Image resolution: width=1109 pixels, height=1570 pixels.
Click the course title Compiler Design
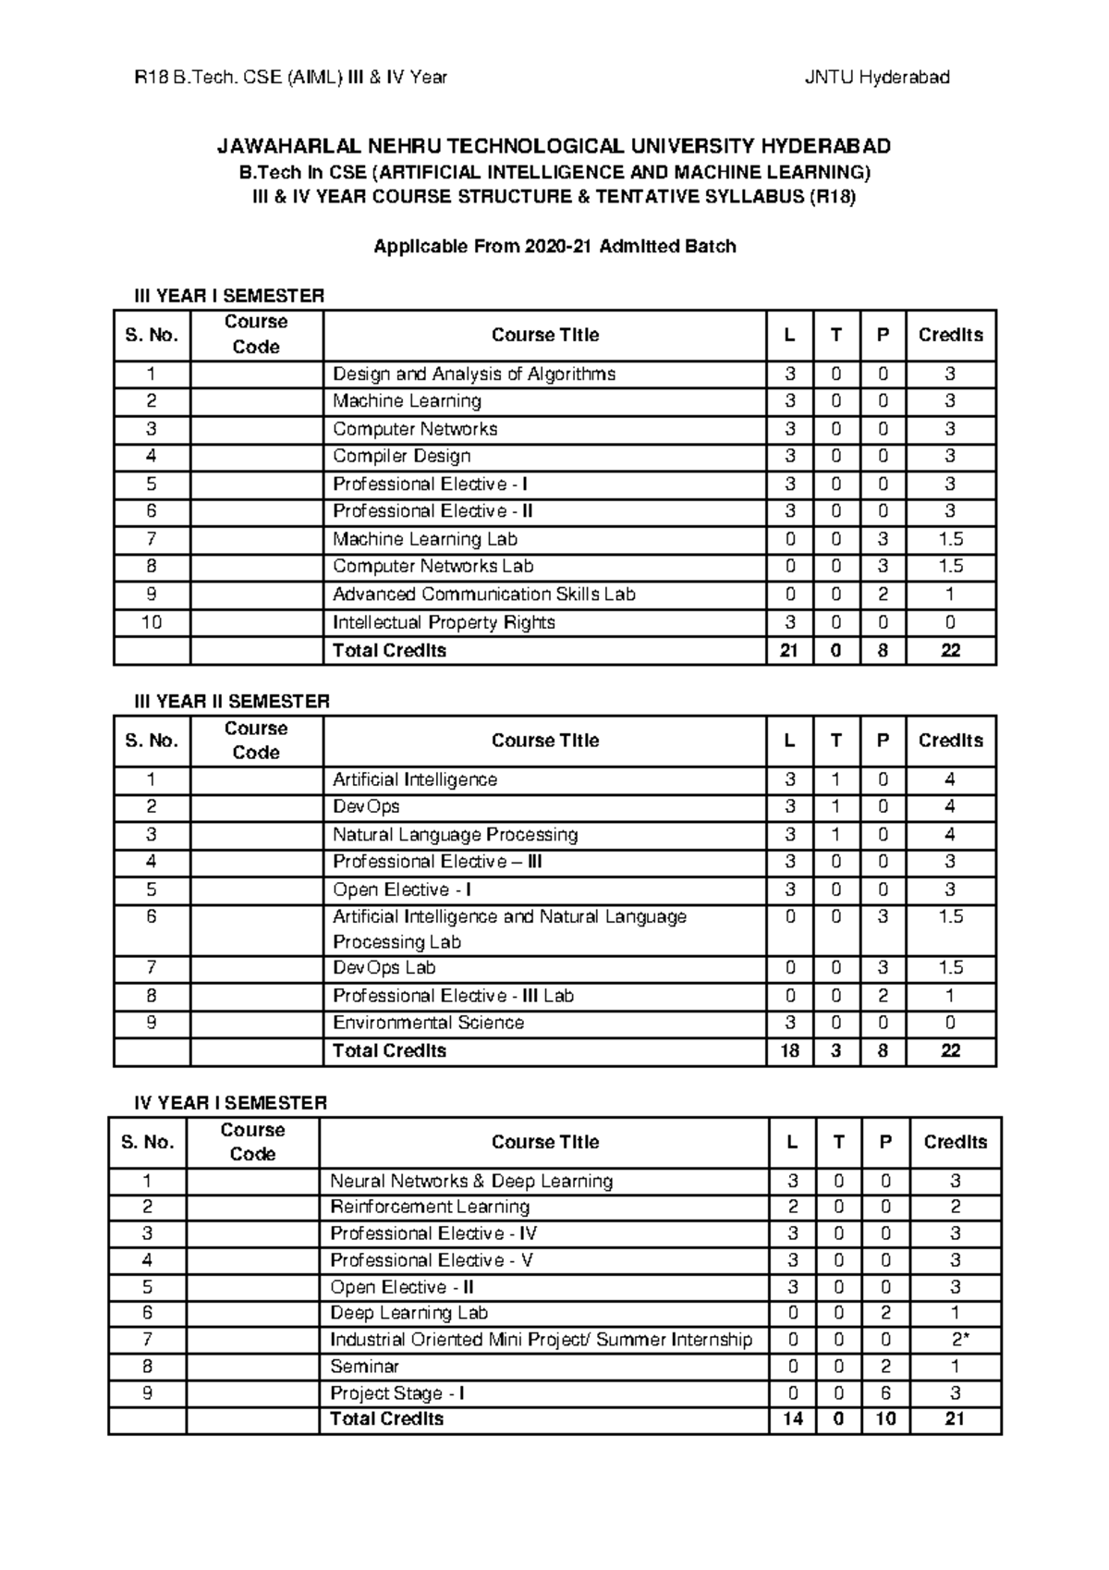coord(402,456)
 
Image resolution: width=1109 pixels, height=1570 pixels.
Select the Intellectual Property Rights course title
coord(444,622)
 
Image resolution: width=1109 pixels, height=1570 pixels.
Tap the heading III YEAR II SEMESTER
coord(232,701)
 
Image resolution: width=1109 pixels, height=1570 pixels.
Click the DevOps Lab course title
coord(384,968)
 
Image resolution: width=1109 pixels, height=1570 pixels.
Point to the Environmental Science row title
coord(428,1023)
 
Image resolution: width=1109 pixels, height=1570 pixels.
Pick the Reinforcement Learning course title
coord(430,1207)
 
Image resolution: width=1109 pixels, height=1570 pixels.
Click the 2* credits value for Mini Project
coord(956,1340)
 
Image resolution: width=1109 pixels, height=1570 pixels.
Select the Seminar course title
coord(364,1367)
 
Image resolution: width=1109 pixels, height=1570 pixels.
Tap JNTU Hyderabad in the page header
coord(876,78)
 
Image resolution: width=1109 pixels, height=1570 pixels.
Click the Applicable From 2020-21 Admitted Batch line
coord(554,246)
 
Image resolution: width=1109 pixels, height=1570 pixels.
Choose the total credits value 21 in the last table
coord(955,1419)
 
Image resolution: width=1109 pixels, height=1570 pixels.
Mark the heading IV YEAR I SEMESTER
coord(230,1102)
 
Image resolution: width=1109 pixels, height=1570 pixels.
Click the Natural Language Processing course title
coord(455,835)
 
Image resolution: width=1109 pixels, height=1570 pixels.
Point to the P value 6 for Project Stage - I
coord(885,1393)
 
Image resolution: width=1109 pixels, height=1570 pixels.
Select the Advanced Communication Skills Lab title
coord(483,595)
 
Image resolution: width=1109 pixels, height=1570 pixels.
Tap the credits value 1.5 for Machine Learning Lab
coord(950,539)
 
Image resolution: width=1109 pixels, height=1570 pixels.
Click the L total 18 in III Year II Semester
coord(789,1051)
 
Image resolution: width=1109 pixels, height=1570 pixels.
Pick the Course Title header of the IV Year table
coord(544,1142)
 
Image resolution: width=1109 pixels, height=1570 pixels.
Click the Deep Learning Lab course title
coord(408,1313)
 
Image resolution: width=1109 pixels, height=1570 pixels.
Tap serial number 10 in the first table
coord(152,622)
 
